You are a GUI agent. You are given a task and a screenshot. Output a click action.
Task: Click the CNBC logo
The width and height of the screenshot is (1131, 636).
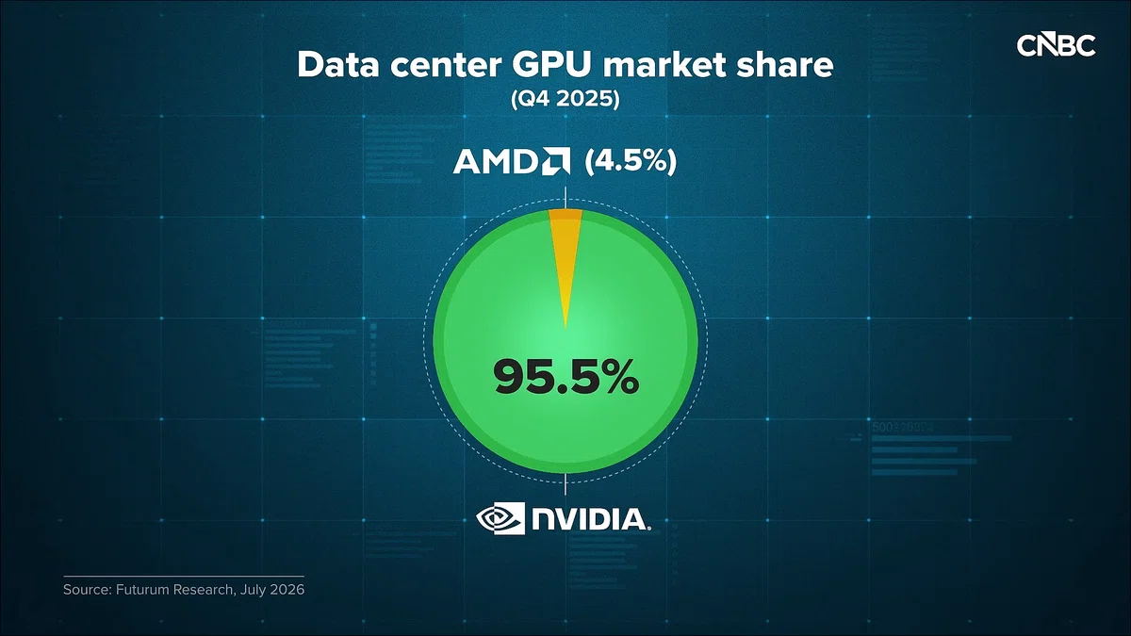pos(1056,45)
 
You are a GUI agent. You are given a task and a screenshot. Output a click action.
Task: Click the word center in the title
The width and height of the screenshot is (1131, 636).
pos(445,67)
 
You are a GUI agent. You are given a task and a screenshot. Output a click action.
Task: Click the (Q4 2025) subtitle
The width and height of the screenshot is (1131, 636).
pos(565,98)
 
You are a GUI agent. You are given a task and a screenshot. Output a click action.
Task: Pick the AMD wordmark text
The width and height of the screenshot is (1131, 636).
pos(497,162)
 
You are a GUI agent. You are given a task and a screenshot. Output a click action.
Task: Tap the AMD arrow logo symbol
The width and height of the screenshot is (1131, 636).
pos(556,161)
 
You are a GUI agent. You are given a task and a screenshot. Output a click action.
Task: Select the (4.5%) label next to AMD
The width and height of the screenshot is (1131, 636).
pos(631,162)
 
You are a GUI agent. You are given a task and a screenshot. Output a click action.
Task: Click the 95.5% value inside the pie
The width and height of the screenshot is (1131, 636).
pos(566,377)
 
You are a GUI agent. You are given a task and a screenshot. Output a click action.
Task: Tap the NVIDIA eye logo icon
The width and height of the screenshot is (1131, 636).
pos(500,518)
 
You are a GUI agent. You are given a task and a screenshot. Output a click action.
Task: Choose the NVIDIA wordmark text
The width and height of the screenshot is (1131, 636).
pos(589,519)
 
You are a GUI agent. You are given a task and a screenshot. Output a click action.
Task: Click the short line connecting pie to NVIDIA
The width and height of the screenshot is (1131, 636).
pos(565,484)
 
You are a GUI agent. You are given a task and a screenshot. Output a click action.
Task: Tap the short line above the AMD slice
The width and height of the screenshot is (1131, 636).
pos(565,197)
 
